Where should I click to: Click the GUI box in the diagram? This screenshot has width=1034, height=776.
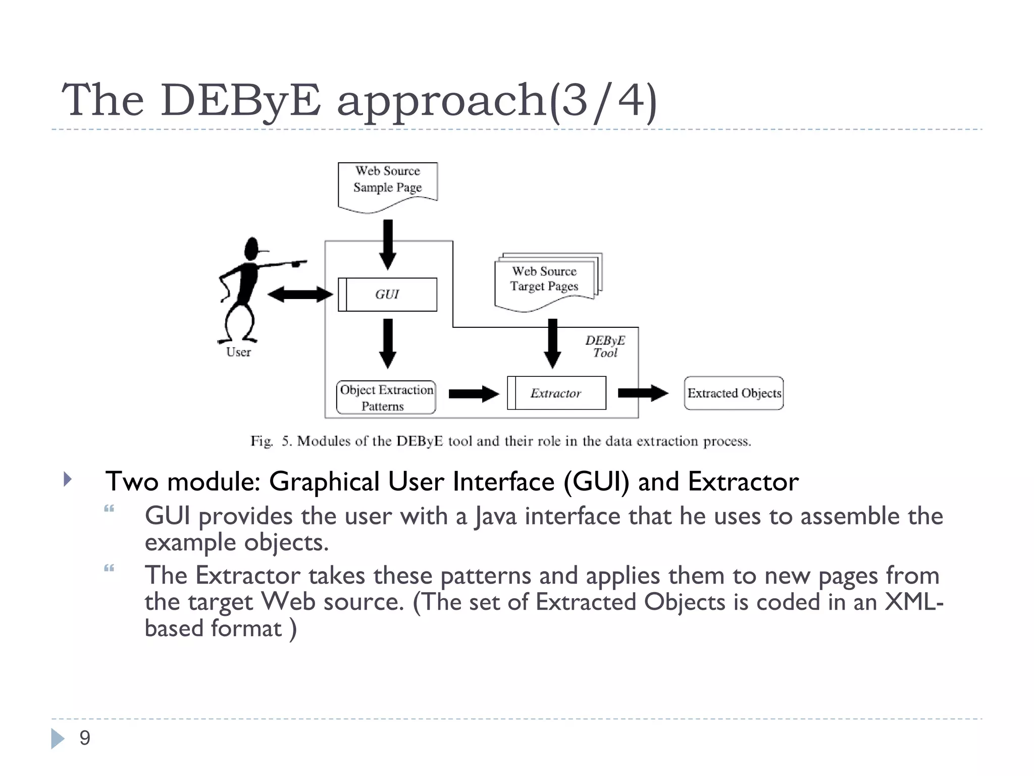pos(387,295)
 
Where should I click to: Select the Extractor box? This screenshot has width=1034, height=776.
pos(556,393)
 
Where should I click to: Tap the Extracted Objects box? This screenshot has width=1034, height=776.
pos(734,393)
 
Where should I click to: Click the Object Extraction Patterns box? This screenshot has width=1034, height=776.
pos(386,398)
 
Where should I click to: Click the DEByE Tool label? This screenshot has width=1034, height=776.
pos(605,347)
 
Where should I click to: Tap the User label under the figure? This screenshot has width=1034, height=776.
pos(238,352)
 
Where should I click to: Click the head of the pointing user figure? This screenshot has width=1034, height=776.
pos(251,249)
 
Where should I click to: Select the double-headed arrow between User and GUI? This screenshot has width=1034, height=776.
pos(300,294)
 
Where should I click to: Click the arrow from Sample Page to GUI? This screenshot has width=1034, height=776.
pos(387,245)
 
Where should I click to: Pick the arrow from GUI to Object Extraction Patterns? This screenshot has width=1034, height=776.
pos(387,344)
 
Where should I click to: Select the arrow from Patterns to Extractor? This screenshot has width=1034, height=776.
pos(473,394)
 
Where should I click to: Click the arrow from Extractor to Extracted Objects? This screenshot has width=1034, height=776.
pos(643,393)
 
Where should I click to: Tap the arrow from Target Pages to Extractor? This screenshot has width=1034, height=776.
pos(552,344)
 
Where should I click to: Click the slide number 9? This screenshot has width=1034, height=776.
pos(85,738)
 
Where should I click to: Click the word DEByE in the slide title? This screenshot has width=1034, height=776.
pos(240,100)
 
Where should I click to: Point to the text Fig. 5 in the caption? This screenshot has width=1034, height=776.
pos(271,441)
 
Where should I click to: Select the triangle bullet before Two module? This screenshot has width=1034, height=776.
pos(68,479)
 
